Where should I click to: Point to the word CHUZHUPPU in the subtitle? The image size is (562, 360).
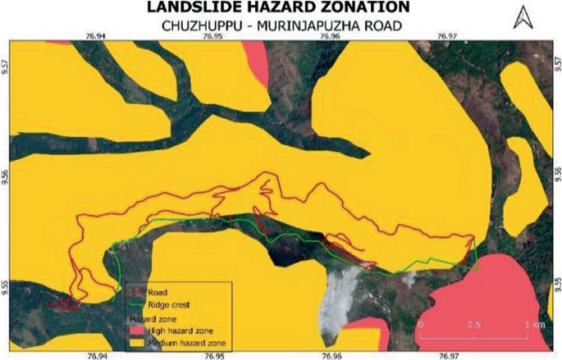pyautogui.click(x=197, y=25)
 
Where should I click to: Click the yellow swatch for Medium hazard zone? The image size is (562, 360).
pyautogui.click(x=136, y=341)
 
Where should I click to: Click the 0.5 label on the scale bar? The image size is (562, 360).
pyautogui.click(x=474, y=325)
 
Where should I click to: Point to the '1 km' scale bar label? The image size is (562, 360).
pyautogui.click(x=533, y=325)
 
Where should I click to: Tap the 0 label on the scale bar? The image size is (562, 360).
pyautogui.click(x=420, y=325)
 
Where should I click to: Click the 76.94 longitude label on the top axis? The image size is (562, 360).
pyautogui.click(x=97, y=36)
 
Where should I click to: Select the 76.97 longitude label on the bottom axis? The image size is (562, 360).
pyautogui.click(x=449, y=355)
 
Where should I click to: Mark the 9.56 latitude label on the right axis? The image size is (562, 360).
pyautogui.click(x=556, y=175)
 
